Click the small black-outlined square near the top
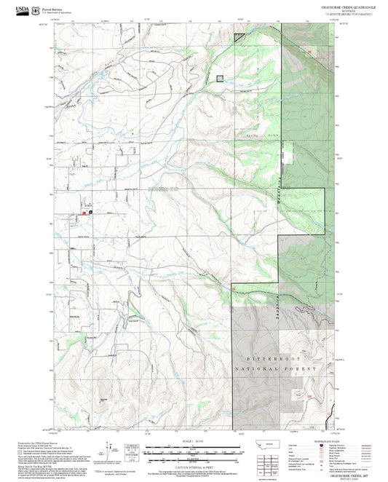point(221,79)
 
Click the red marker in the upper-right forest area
point(312,52)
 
